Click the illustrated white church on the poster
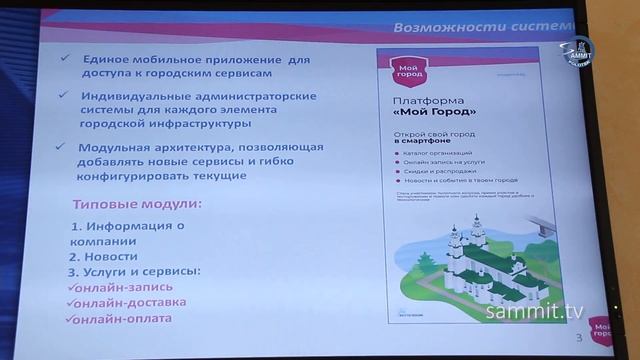pyautogui.click(x=470, y=255)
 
